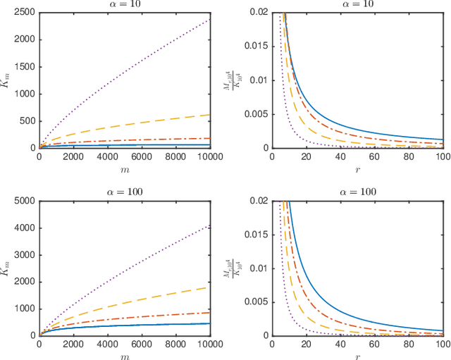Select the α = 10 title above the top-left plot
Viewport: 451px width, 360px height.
(x=127, y=5)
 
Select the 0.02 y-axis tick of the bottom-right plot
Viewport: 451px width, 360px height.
(x=259, y=201)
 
